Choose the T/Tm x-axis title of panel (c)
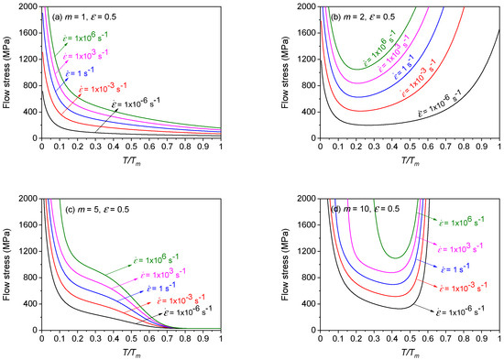click(130, 351)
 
